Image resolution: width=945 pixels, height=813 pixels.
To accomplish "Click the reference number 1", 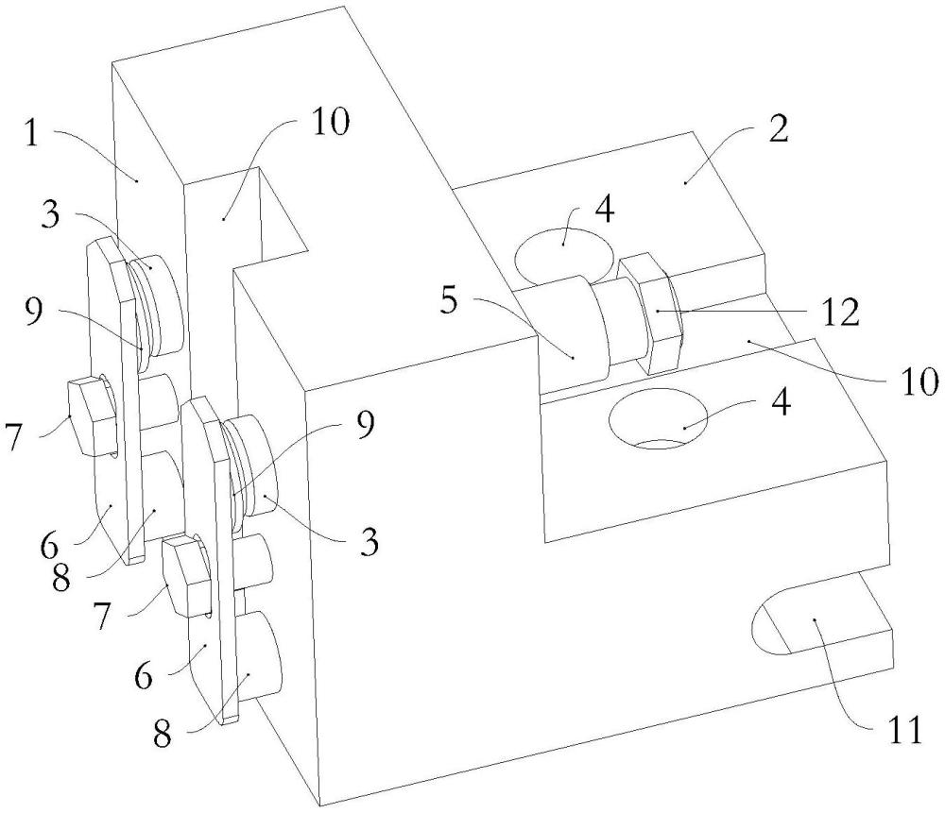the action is tap(32, 134).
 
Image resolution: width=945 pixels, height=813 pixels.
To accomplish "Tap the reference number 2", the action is tap(778, 128).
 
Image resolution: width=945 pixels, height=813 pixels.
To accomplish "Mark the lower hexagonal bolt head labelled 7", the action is tap(186, 576).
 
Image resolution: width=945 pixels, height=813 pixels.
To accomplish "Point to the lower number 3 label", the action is tap(369, 542).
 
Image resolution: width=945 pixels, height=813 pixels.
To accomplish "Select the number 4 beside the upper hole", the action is tap(604, 209).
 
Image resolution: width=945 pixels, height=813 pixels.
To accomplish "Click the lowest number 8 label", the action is tap(162, 734).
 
